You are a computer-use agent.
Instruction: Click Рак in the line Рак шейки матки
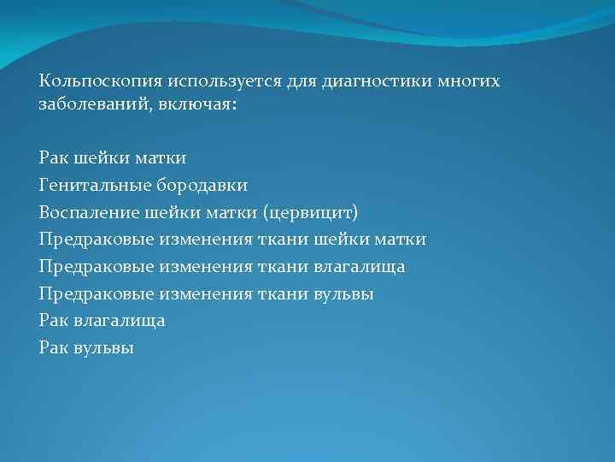tap(53, 157)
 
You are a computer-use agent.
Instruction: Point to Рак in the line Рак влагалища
tap(53, 322)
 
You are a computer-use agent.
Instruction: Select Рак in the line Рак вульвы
tap(53, 349)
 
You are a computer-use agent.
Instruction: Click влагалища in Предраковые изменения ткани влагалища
tap(359, 267)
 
